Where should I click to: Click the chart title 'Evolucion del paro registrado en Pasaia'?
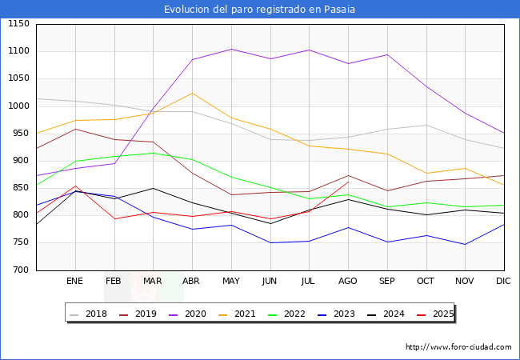(260, 10)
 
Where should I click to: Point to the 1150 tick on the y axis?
(17, 24)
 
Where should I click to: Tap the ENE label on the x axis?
(74, 282)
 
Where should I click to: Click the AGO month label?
(348, 282)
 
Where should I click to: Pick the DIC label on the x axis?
(503, 282)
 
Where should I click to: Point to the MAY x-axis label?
(230, 282)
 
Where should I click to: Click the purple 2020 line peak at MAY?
(230, 49)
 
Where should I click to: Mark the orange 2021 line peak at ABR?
(192, 93)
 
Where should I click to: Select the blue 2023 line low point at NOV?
(465, 244)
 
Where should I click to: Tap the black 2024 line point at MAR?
(153, 188)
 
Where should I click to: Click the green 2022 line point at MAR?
(153, 153)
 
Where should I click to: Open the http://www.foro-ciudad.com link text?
(458, 347)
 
